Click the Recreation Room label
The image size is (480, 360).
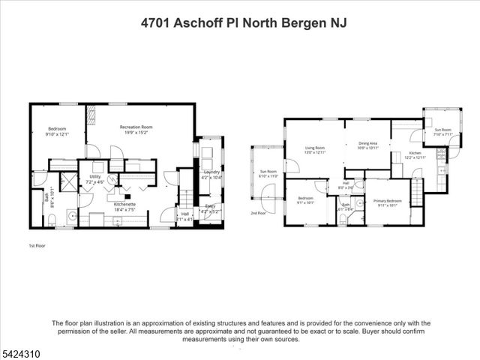(136, 127)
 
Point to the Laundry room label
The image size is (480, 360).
(212, 174)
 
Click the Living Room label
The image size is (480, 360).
(314, 149)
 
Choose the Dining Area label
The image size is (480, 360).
(367, 145)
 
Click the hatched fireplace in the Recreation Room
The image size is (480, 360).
(92, 115)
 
